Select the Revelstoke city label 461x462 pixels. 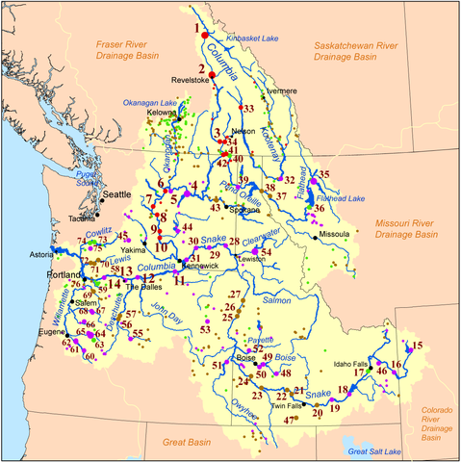191,81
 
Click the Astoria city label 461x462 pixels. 41,255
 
